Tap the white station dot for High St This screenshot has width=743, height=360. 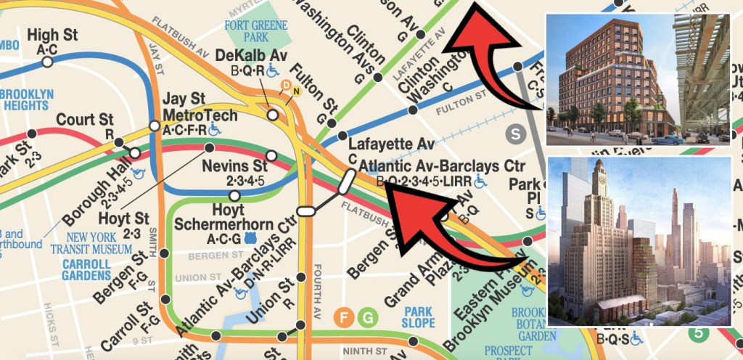click(47, 62)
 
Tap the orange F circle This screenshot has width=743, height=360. click(344, 318)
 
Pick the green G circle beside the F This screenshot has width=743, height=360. click(369, 318)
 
